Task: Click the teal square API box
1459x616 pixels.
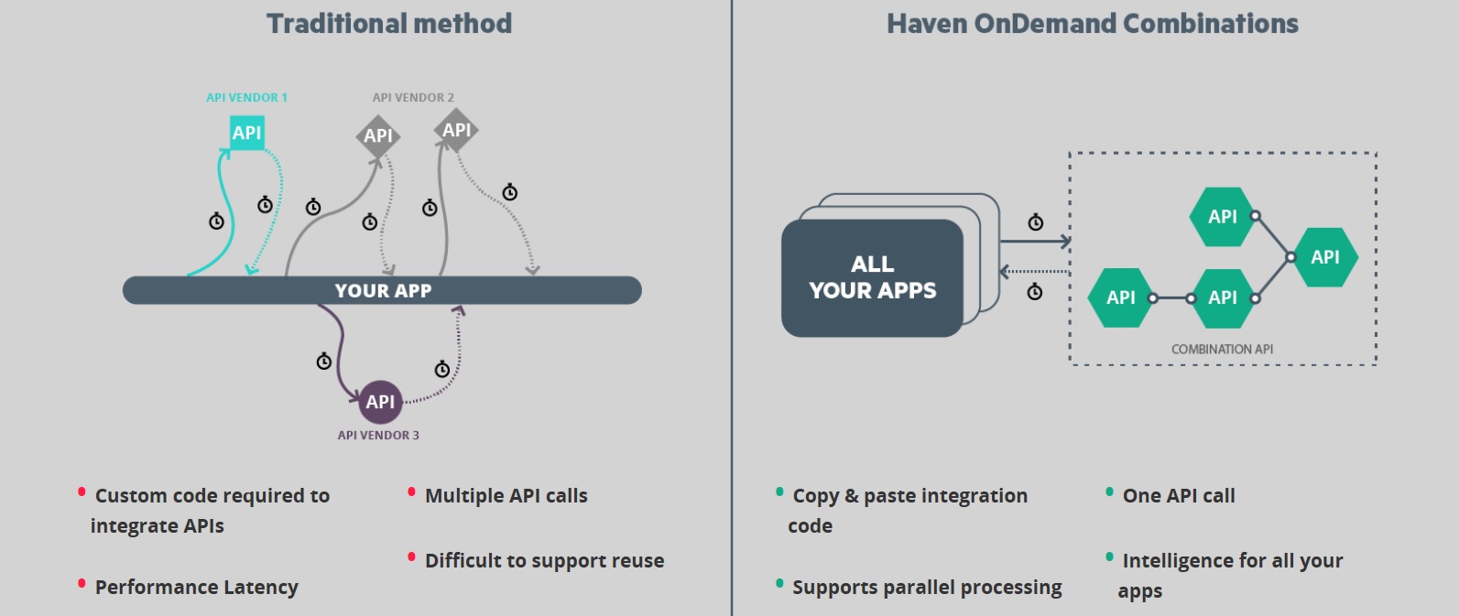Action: [246, 133]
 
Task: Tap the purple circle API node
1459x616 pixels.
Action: [380, 402]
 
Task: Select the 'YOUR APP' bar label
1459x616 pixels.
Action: [383, 291]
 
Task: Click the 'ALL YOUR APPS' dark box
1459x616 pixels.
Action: [872, 277]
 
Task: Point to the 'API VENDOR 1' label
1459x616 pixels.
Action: [246, 97]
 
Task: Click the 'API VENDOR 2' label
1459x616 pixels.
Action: [413, 97]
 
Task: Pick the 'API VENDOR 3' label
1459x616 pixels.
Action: [378, 435]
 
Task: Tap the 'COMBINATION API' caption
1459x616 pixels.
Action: [1222, 349]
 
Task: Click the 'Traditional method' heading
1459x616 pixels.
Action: [389, 24]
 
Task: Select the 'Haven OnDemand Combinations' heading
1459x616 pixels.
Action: [1092, 24]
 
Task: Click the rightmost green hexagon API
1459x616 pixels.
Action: [1324, 257]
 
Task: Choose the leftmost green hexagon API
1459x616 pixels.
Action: [1120, 297]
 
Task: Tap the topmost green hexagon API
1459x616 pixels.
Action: [1222, 217]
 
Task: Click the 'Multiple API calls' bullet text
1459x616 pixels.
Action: [506, 496]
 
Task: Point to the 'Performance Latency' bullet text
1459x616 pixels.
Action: [196, 588]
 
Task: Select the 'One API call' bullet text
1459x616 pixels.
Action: [1179, 496]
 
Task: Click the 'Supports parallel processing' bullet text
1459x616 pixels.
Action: [927, 588]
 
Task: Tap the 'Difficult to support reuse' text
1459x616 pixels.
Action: [544, 561]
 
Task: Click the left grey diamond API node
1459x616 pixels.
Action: [377, 136]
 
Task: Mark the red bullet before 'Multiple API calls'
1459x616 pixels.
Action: [411, 492]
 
